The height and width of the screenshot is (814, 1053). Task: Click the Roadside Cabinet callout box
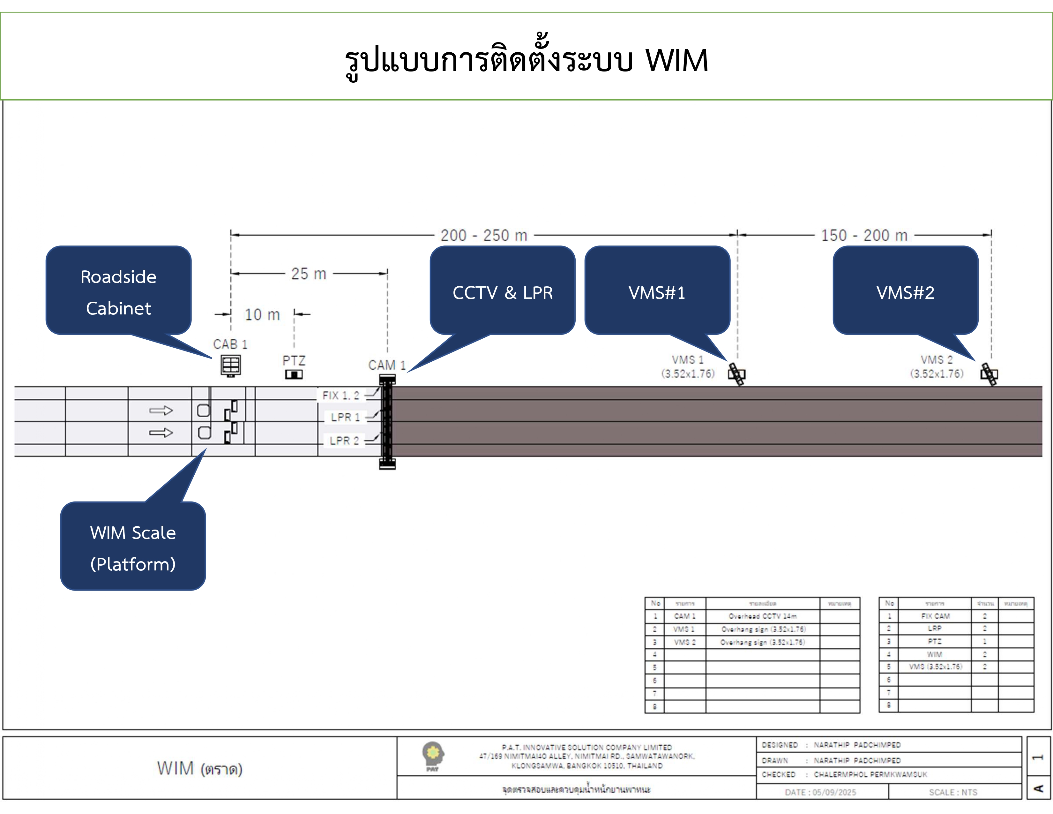coord(119,291)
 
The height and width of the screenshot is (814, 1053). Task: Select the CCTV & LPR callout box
coord(502,291)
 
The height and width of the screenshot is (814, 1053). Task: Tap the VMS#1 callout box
coord(657,291)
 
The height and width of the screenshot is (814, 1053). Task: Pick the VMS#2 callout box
coord(905,291)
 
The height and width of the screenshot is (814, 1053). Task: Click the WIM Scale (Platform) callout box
coord(133,546)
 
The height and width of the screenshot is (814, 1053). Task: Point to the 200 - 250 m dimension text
coord(484,235)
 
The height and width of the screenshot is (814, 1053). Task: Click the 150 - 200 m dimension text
coord(864,235)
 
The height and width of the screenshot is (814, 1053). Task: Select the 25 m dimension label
coord(309,274)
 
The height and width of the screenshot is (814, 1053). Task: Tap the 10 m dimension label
coord(262,315)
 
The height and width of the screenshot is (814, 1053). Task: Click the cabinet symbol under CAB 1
coord(230,366)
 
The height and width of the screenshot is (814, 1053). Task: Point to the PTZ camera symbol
coord(294,374)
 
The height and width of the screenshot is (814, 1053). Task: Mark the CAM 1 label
coord(387,365)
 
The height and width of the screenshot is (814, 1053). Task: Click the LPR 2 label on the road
coord(344,440)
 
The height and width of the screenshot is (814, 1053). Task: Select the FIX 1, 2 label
coord(341,396)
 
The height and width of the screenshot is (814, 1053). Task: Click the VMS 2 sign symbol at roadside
coord(989,374)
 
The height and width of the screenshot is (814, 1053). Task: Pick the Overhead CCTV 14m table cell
coord(762,616)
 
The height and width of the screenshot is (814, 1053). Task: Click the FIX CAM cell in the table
coord(935,616)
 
